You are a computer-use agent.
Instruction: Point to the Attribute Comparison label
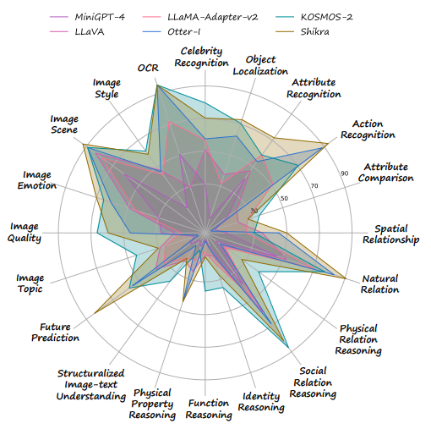point(385,173)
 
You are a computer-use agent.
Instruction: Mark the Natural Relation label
point(379,284)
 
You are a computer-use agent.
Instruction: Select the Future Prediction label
point(60,333)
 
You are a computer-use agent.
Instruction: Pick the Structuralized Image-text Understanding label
point(90,385)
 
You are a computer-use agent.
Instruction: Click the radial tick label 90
point(344,173)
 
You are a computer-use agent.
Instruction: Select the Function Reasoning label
point(209,410)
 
